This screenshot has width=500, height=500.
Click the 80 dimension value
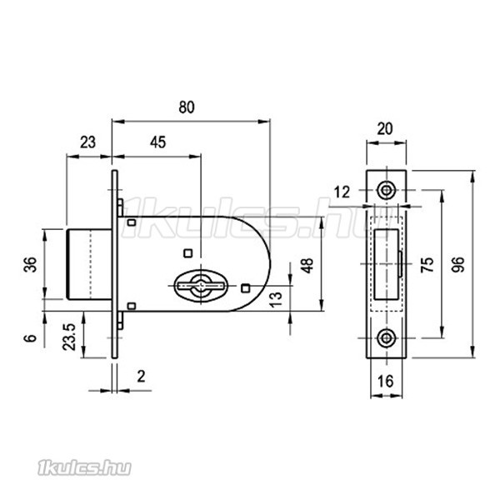[x=187, y=107]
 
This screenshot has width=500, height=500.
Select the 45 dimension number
[x=157, y=142]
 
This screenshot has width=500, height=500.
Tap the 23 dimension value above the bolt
[x=87, y=142]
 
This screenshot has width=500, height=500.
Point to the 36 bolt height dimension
[x=31, y=264]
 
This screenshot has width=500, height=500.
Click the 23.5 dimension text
[x=69, y=337]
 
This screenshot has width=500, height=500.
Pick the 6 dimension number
[x=31, y=338]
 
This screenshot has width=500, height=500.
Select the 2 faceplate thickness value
[x=142, y=377]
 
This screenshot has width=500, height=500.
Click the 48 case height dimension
[x=307, y=266]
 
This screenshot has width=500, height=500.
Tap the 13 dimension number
[x=276, y=299]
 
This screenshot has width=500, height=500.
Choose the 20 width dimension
[x=385, y=129]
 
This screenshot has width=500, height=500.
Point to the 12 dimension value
[x=342, y=192]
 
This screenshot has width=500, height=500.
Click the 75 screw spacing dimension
[x=427, y=264]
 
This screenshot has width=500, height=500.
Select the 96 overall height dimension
[x=458, y=264]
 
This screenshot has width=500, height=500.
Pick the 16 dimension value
[x=386, y=381]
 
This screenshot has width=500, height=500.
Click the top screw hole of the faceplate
[x=387, y=190]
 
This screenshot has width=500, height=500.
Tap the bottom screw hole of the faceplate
[x=387, y=337]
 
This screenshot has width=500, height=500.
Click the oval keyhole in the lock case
[x=201, y=286]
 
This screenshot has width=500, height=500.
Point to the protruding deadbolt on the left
[x=89, y=264]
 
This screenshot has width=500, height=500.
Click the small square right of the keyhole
[x=245, y=288]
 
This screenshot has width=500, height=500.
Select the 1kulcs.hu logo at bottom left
[x=84, y=467]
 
